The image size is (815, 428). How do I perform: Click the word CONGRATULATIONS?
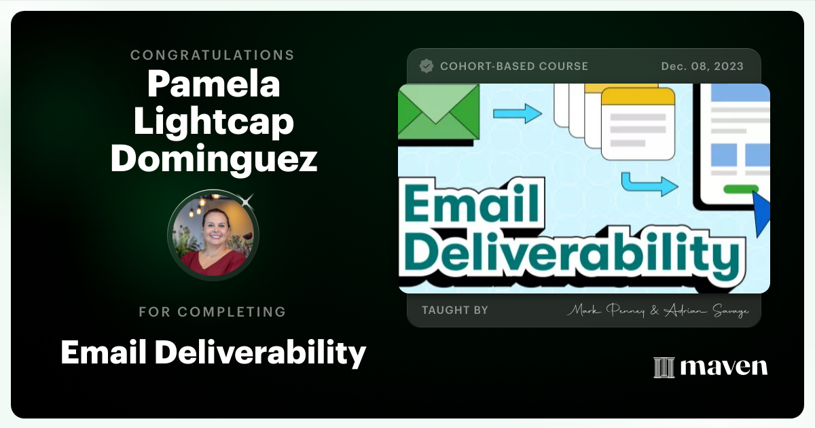tap(213, 55)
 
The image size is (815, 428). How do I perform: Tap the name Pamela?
tap(213, 84)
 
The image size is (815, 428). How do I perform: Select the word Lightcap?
tap(213, 122)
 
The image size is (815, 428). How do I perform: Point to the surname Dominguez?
tap(213, 158)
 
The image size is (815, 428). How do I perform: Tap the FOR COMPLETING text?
tap(213, 312)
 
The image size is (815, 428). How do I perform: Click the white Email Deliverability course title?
tap(213, 352)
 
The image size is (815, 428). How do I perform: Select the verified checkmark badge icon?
tap(427, 66)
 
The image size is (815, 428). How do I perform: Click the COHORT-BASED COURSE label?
tap(514, 67)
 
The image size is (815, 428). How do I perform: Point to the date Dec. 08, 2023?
tap(702, 67)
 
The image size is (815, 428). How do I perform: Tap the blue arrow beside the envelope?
tap(517, 113)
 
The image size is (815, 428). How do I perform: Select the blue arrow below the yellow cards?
tap(649, 183)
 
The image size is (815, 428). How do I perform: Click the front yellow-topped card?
tap(638, 123)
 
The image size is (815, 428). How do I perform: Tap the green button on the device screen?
tap(741, 189)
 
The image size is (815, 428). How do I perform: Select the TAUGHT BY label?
tap(454, 310)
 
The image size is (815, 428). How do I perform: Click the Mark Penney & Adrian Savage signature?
tap(657, 311)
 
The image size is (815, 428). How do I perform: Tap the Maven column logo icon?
tap(664, 368)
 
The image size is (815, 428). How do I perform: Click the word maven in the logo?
tap(723, 367)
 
